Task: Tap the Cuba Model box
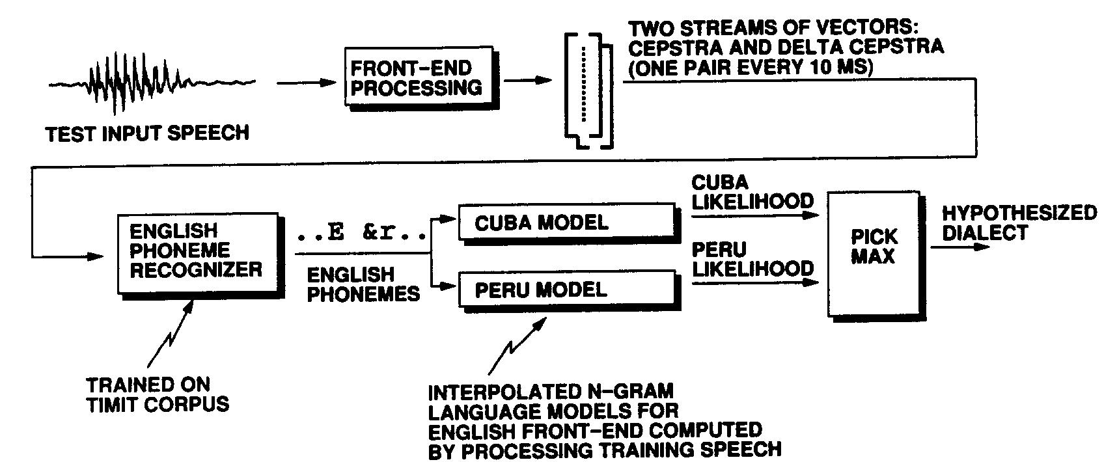point(565,223)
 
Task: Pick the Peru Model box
point(565,289)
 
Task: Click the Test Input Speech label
point(147,133)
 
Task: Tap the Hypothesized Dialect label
point(1019,223)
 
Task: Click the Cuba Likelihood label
point(752,192)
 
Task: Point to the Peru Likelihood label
point(752,259)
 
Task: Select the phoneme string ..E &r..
point(362,233)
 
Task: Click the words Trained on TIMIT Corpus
point(158,394)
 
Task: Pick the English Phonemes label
point(363,284)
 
